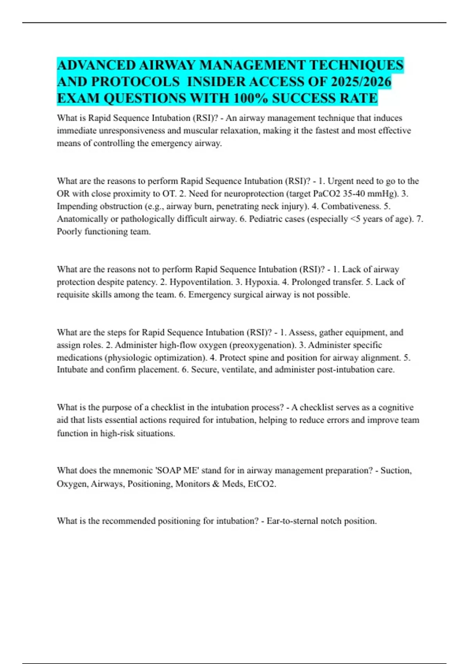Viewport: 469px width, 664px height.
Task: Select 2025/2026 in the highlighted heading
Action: (x=361, y=82)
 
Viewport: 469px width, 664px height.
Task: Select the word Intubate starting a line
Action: (x=72, y=369)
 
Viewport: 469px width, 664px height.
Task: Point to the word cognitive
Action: (x=396, y=407)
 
